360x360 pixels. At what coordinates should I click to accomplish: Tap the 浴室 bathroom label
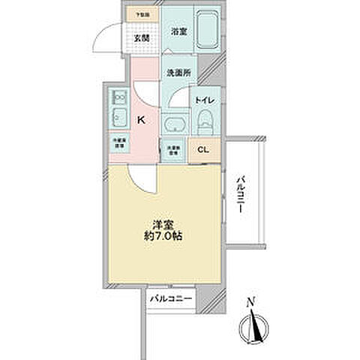(x=178, y=32)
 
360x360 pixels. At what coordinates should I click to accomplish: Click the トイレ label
(x=205, y=100)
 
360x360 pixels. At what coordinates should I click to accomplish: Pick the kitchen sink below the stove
(x=118, y=118)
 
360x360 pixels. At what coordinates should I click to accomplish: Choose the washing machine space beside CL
(x=172, y=148)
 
